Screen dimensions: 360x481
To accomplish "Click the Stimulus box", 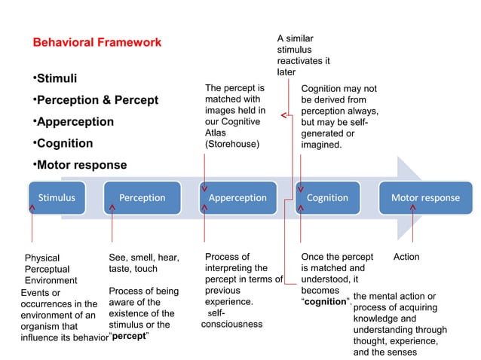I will coord(57,198).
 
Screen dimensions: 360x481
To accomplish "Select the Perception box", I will coord(142,198).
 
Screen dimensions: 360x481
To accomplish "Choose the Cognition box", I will coord(327,198).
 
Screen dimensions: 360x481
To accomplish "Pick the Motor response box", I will coord(424,198).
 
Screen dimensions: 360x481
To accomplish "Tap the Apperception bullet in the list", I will coord(74,121).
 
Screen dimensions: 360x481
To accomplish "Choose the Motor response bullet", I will coord(81,165).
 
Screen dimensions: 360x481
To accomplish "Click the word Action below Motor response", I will coord(406,257).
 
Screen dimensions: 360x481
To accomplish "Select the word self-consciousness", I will coord(232,319).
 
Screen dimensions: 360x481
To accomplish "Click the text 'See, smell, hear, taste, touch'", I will coord(143,262).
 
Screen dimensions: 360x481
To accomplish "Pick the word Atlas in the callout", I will coord(216,132).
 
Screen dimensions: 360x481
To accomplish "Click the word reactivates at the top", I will coord(302,60).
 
